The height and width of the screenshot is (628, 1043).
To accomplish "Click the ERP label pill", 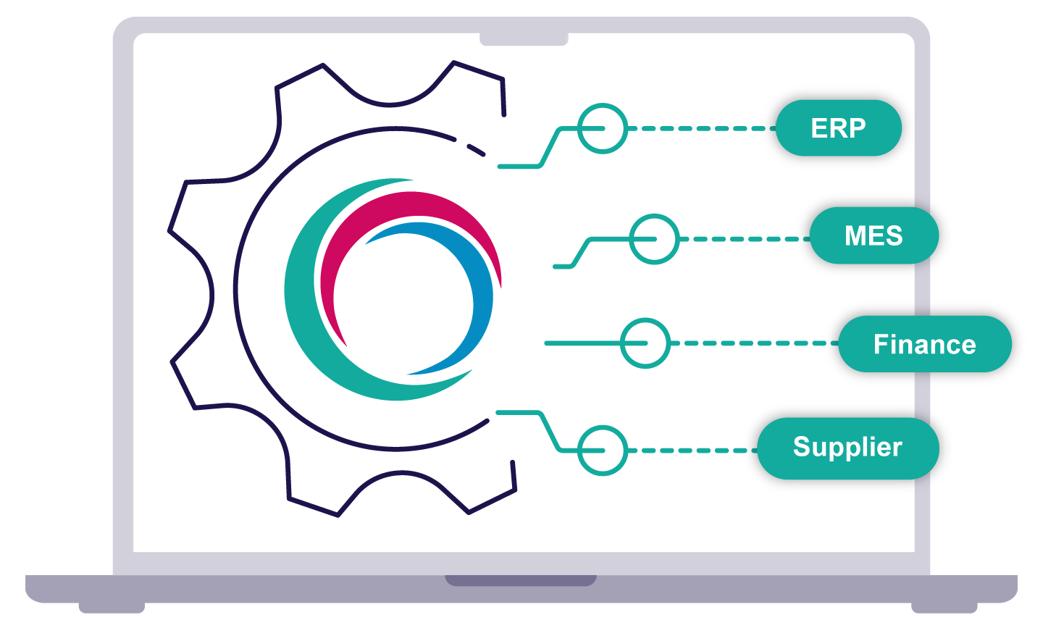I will click(x=838, y=128).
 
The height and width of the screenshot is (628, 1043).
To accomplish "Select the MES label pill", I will click(x=874, y=235).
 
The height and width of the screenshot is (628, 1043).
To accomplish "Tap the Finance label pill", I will click(x=924, y=344).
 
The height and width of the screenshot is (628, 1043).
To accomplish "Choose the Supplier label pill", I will click(x=847, y=448).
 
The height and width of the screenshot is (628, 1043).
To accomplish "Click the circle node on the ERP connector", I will click(x=602, y=128).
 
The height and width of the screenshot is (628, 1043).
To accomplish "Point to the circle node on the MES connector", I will click(x=654, y=238).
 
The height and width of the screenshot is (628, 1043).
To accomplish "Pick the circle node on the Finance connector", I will click(x=645, y=343).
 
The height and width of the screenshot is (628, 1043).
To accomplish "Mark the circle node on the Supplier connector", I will click(x=602, y=451).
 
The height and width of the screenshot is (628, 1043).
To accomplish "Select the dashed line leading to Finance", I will click(x=753, y=343).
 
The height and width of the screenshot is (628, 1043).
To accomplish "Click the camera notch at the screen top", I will click(x=523, y=39).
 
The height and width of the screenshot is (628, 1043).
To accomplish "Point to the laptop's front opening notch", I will click(x=520, y=580).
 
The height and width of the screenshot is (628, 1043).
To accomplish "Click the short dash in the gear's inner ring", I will click(x=476, y=150).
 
